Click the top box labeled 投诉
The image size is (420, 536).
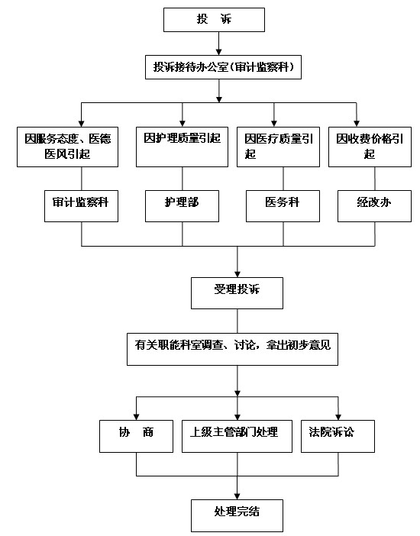pos(214,20)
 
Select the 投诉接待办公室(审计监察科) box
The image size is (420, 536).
pos(223,67)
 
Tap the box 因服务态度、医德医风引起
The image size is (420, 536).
pos(68,147)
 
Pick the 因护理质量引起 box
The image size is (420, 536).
pos(182,147)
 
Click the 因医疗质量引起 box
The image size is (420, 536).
pos(279,147)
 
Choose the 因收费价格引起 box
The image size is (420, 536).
pos(370,147)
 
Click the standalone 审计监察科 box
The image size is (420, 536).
pos(81,206)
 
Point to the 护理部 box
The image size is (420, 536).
pos(182,206)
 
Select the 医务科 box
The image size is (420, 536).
pos(283,206)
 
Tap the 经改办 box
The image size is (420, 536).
pos(374,206)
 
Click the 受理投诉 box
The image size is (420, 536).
pos(237,293)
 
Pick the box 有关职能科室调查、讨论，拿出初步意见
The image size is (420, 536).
pos(233,349)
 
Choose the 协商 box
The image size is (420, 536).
pos(136,436)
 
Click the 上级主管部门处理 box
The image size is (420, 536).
pos(237,436)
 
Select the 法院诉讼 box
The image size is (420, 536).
pos(338,436)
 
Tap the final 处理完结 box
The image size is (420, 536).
pos(237,515)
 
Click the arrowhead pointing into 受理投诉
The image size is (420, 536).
pos(237,274)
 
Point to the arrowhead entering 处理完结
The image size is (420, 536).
pos(237,496)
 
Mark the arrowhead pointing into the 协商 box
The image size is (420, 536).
pos(136,417)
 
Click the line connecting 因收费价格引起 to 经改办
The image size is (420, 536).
pos(375,179)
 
